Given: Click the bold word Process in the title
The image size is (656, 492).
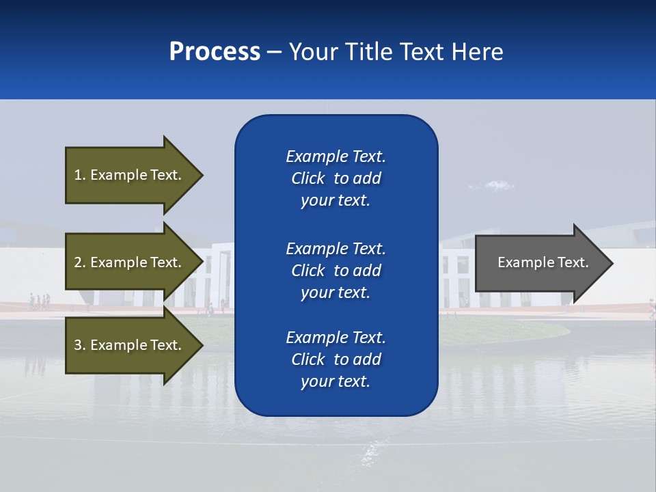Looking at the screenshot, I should (x=215, y=52).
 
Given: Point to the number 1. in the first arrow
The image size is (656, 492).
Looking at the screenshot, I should (x=80, y=175).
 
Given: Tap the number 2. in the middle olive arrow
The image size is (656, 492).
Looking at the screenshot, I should (x=80, y=262).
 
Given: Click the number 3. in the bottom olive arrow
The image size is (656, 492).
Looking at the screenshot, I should (x=80, y=345).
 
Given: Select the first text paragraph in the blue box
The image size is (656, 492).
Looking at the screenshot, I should (x=336, y=178).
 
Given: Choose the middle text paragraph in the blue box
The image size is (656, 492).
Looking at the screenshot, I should (x=336, y=271).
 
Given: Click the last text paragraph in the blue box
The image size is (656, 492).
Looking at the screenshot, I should (x=336, y=359).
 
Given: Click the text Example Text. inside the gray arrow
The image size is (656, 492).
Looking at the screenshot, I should (x=543, y=262).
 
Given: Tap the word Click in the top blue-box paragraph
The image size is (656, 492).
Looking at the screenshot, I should (x=308, y=178).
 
